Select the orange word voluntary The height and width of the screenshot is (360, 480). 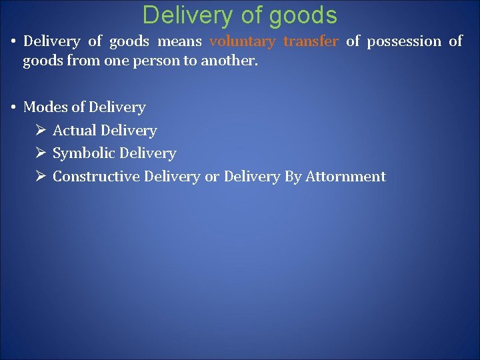(x=242, y=41)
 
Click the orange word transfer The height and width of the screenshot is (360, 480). (x=311, y=41)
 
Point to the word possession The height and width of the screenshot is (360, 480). (x=404, y=41)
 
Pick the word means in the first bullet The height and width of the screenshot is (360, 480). (x=179, y=41)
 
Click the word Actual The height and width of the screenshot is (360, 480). (x=74, y=131)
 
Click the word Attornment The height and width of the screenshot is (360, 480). (x=345, y=177)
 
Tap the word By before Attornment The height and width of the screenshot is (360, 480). (x=293, y=177)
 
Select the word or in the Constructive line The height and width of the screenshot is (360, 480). (x=211, y=177)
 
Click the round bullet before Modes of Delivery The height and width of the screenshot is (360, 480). (x=13, y=107)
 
